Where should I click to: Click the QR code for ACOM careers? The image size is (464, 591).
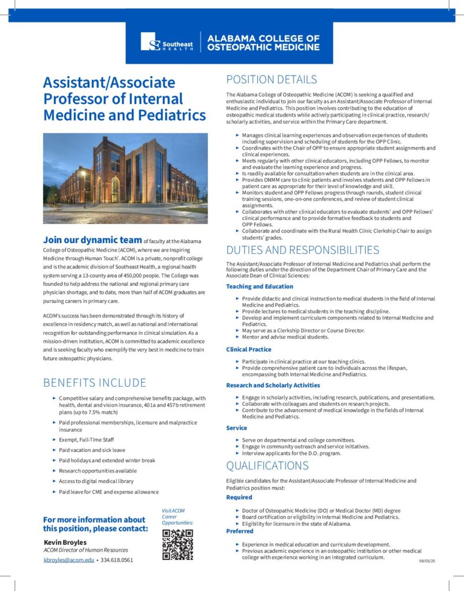coord(177,544)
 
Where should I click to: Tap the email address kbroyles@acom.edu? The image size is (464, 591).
coord(69,560)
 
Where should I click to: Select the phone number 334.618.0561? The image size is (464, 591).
coord(118,560)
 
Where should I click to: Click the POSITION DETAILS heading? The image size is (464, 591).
coord(271,80)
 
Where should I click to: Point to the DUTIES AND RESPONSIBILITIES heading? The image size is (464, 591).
coord(302,250)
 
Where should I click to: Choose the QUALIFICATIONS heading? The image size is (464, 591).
coord(267,466)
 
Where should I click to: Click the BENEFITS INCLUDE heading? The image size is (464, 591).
coord(95,383)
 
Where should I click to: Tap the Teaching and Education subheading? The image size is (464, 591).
coord(259,286)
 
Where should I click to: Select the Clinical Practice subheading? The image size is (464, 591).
coord(248,349)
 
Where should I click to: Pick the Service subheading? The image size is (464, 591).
coord(236,428)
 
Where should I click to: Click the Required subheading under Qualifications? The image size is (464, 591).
coord(239,497)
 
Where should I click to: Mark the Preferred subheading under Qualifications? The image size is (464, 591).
coord(240,532)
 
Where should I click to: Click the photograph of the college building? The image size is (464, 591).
coord(125,178)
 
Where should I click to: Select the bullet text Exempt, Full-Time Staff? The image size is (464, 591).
coord(86,440)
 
